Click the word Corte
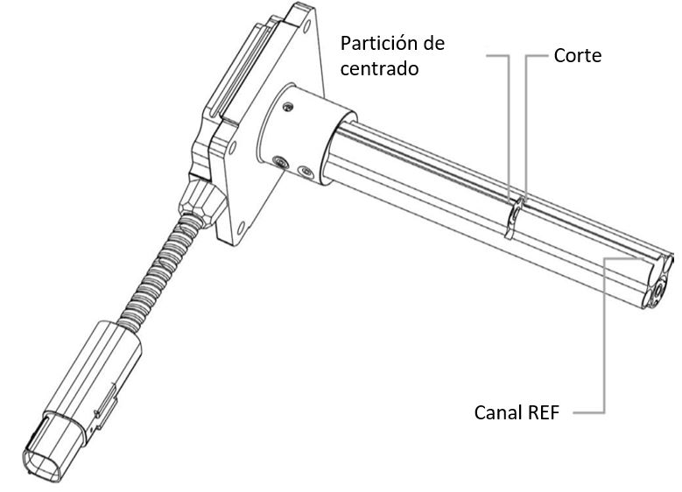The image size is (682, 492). click(578, 56)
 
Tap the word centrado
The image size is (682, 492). click(379, 67)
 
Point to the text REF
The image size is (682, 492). click(545, 411)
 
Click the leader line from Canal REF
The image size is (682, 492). click(603, 350)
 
